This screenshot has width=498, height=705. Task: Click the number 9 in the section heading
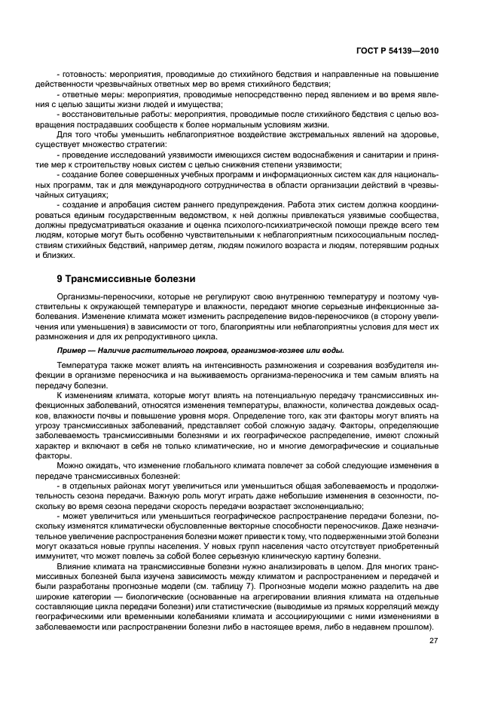click(x=60, y=279)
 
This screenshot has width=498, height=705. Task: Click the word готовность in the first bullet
click(x=81, y=74)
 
